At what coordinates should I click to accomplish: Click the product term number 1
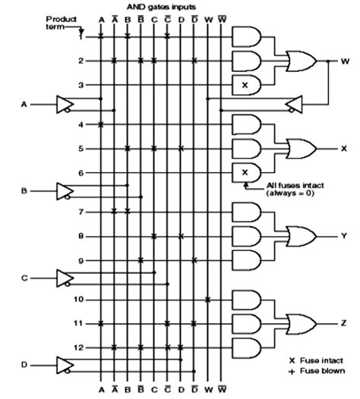(81, 36)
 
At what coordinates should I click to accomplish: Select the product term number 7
(81, 212)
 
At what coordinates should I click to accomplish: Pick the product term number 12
(79, 347)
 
